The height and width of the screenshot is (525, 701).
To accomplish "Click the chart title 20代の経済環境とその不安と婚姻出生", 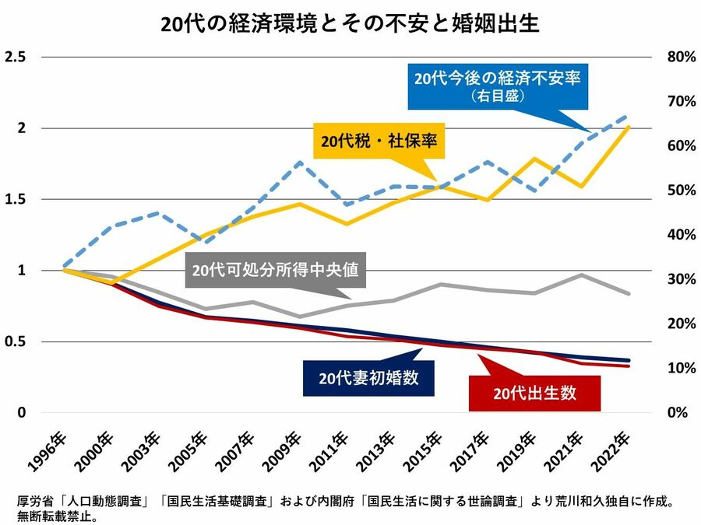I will click(350, 23).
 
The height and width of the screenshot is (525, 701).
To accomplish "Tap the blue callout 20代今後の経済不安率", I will click(499, 86).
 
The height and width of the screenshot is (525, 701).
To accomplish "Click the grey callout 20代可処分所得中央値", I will click(276, 271).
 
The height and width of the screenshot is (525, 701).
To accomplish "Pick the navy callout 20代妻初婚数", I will click(368, 379).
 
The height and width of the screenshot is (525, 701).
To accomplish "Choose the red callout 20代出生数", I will click(535, 393).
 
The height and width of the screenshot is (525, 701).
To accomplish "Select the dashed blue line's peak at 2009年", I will click(301, 163).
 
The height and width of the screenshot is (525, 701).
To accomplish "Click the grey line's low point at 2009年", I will click(301, 317).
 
